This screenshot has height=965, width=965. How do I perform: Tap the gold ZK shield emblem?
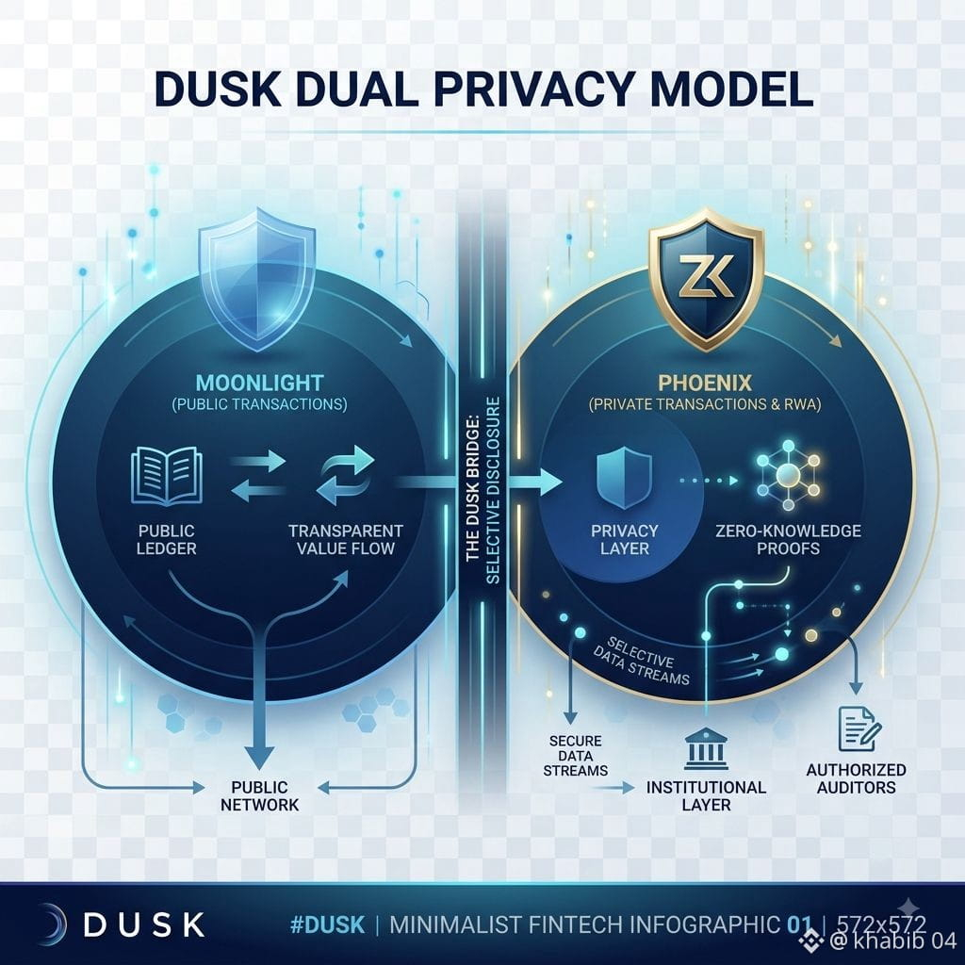pos(707,279)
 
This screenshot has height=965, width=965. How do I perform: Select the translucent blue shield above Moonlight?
pos(257,279)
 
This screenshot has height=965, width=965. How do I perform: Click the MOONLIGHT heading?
pos(260,383)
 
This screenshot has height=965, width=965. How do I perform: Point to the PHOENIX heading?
pos(705,383)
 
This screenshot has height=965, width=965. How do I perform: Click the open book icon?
pos(167,476)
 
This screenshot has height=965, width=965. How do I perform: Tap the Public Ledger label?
pos(166,539)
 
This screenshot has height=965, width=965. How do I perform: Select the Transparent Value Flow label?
pos(346,539)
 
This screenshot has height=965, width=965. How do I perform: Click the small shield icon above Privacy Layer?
pos(624,478)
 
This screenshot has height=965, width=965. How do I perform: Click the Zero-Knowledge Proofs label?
pos(789,539)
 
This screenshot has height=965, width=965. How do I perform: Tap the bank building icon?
pos(706,748)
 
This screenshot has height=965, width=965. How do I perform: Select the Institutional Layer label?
pos(706,795)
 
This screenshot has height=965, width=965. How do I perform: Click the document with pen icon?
pos(859,729)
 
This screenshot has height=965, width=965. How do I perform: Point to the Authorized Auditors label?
pos(856,778)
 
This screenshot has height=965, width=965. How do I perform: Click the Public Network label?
pos(260,795)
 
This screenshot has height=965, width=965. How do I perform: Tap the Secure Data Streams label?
pos(576,756)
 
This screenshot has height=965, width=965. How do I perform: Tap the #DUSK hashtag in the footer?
pos(327,924)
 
